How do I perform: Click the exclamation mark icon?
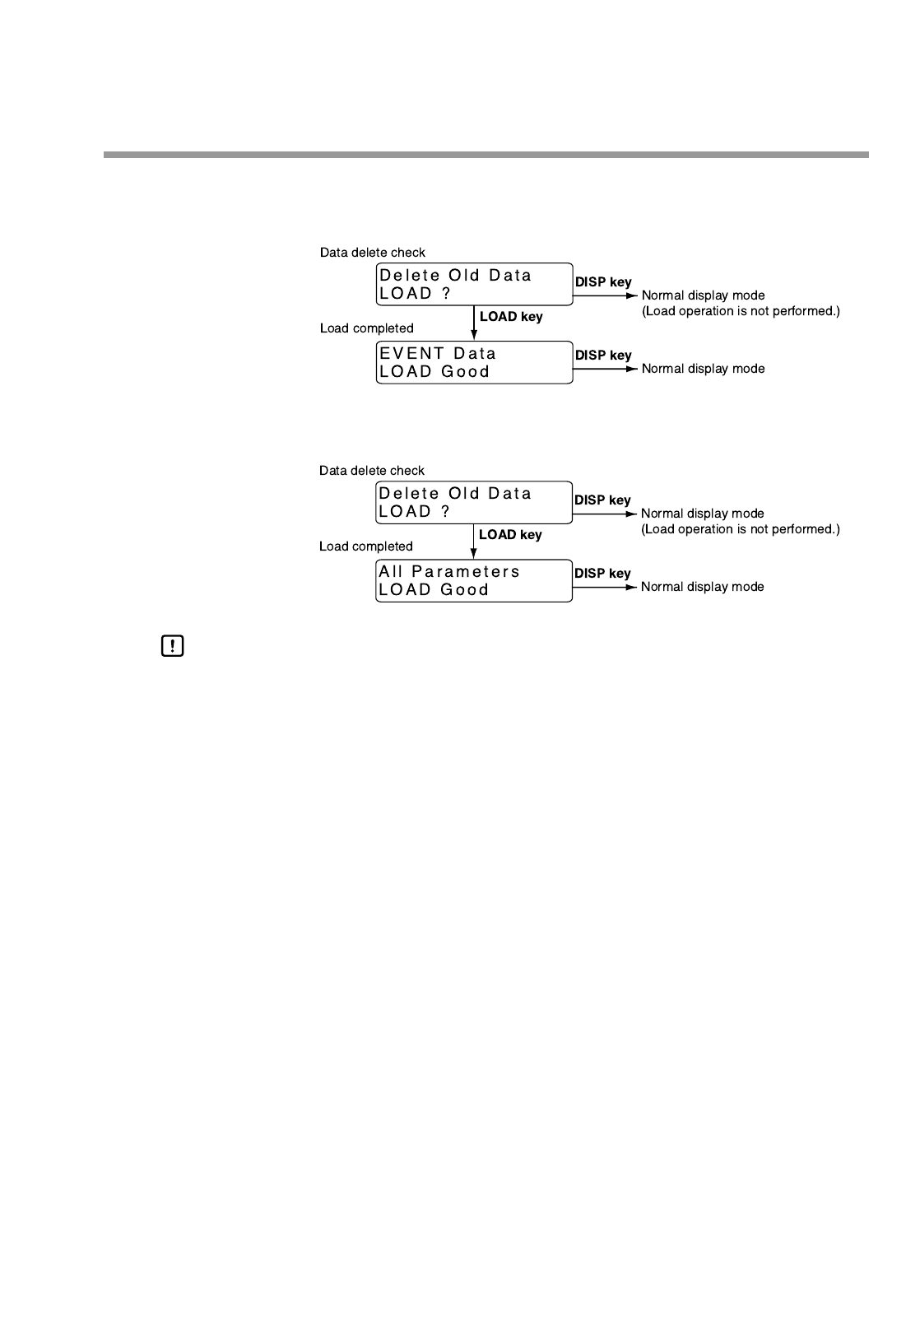[172, 647]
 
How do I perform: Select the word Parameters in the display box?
[466, 572]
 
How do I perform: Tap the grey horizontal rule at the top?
[486, 155]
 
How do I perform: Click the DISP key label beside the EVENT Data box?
[603, 356]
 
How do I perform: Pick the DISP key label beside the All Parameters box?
[602, 574]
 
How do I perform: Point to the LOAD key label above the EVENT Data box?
[511, 317]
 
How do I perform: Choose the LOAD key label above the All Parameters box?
[510, 535]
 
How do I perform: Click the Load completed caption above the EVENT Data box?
[366, 328]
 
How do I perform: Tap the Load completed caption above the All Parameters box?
[365, 546]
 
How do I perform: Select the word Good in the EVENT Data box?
[466, 372]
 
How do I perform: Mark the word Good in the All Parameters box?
[465, 590]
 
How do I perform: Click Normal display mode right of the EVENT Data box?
[703, 369]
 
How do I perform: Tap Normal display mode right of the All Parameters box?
[702, 587]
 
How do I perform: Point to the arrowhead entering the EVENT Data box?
[474, 335]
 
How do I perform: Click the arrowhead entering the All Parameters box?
[474, 553]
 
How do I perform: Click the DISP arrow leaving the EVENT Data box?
[605, 369]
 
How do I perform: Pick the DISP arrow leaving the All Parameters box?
[605, 587]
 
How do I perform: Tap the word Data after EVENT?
[475, 354]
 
